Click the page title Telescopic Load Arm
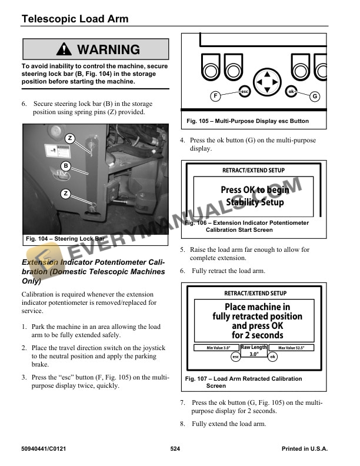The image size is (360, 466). point(75,19)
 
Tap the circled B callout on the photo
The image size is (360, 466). point(66,166)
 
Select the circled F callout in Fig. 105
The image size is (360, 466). point(216,96)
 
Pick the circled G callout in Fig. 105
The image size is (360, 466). point(314,96)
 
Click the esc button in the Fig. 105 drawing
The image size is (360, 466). point(244,92)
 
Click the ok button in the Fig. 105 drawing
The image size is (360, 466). point(291,92)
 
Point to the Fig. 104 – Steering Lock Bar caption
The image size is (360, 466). point(65,239)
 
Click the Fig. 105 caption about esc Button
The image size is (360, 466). point(246,121)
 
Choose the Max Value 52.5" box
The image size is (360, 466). point(296,348)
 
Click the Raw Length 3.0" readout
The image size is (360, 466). point(254,351)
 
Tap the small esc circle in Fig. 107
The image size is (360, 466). point(235,357)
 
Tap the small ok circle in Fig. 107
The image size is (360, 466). point(272,357)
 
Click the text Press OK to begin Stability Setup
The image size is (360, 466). point(255,196)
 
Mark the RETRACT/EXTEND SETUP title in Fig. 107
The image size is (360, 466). point(255,293)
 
